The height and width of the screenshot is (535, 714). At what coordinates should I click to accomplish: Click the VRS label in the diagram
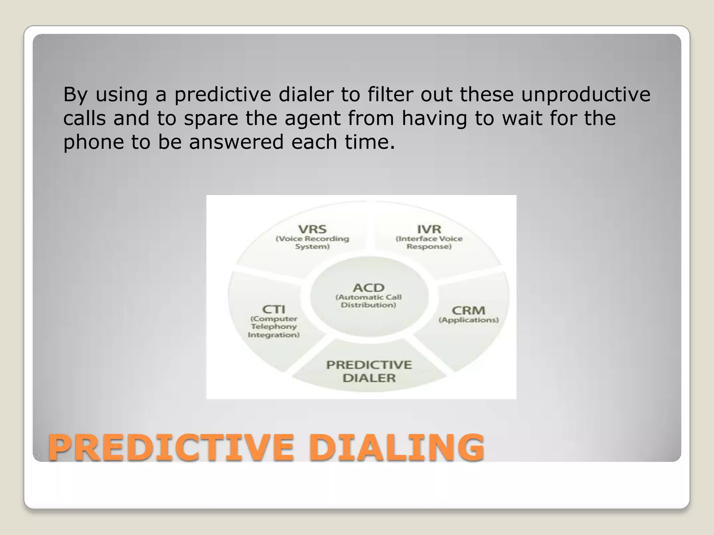coord(312,229)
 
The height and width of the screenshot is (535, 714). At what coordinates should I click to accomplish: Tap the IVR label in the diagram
coord(429,229)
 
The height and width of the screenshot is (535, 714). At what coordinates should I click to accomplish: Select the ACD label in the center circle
coord(369,288)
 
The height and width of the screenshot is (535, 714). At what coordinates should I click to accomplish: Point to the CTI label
coord(274,309)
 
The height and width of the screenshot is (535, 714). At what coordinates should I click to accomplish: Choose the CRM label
coord(468,310)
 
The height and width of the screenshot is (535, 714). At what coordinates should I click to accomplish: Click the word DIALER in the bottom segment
coord(369,378)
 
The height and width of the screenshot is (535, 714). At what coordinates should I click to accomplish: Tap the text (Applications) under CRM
coord(469,320)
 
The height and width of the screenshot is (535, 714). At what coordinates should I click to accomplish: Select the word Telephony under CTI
coord(274,327)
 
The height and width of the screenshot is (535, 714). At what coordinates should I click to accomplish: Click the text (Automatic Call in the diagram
coord(369,297)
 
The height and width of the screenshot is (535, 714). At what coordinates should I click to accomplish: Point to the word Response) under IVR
coord(429,247)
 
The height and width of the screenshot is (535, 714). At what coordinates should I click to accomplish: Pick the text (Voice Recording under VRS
coord(312,239)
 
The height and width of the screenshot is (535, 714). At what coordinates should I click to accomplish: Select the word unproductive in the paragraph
coord(585,95)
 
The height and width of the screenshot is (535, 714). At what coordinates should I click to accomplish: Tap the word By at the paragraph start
coord(75,95)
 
